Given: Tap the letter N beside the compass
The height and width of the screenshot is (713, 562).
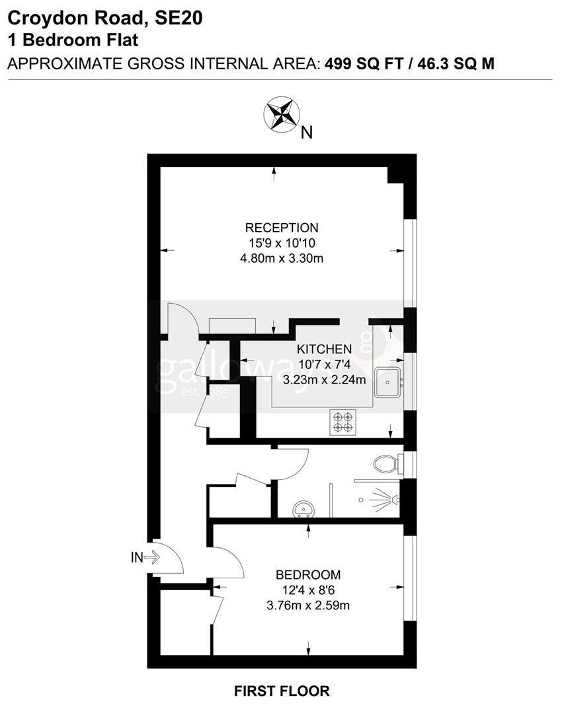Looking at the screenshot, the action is pyautogui.click(x=307, y=132).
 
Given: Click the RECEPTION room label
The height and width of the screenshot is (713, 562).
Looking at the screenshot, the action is pyautogui.click(x=282, y=227).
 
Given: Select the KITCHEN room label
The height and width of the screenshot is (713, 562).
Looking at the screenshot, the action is pyautogui.click(x=324, y=349).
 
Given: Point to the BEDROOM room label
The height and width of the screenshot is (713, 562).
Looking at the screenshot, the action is pyautogui.click(x=308, y=575).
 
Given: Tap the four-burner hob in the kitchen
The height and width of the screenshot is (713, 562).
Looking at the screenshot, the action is pyautogui.click(x=343, y=422).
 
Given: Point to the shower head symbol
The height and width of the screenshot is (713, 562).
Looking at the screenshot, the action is pyautogui.click(x=385, y=500).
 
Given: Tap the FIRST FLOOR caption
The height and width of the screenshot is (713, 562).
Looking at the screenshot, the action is pyautogui.click(x=282, y=691).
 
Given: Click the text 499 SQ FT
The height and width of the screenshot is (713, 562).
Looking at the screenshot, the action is pyautogui.click(x=364, y=63).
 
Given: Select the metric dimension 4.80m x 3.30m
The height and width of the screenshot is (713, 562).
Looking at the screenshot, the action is pyautogui.click(x=282, y=258).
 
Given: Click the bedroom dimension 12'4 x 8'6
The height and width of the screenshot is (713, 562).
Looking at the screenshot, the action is pyautogui.click(x=308, y=590).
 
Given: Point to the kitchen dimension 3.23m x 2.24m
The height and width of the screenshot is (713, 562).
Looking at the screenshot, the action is pyautogui.click(x=324, y=380).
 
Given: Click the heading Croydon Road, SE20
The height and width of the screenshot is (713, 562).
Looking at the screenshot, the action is pyautogui.click(x=105, y=18).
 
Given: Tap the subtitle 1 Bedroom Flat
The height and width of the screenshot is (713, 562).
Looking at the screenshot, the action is pyautogui.click(x=73, y=40).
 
